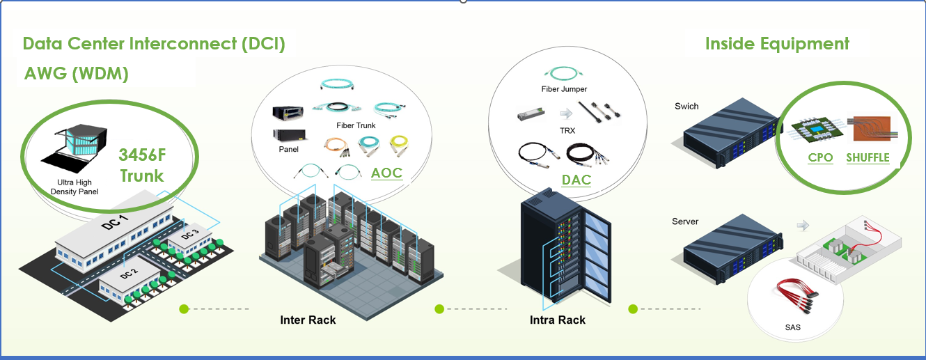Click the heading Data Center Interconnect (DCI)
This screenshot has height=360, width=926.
coord(154,44)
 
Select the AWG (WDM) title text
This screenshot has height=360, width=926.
coord(76,75)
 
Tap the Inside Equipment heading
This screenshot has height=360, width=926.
coord(777,44)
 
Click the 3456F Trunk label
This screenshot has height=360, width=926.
coord(142,164)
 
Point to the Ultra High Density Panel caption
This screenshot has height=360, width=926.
coord(74,187)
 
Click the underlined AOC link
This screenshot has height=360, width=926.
coord(386,172)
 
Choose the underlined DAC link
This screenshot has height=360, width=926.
coord(576,180)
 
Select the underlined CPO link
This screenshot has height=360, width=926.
coord(820,157)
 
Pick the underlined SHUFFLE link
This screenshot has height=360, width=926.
coord(868,157)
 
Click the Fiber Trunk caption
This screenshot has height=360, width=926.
coord(356,125)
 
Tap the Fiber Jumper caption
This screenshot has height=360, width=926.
coord(564,89)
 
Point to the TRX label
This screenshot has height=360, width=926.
coord(567,130)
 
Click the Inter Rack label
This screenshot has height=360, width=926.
coord(308,320)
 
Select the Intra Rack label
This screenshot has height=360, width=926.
coord(557,320)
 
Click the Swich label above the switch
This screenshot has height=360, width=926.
coord(686,107)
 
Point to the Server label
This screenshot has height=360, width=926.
coord(686,221)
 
